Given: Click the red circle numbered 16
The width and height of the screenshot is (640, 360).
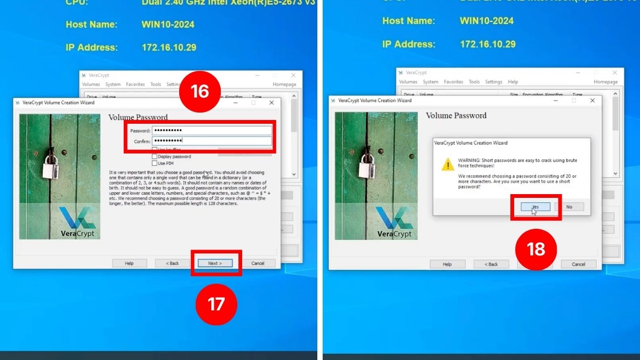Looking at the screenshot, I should pyautogui.click(x=199, y=92).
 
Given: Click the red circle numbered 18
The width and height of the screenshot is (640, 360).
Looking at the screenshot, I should pyautogui.click(x=535, y=250).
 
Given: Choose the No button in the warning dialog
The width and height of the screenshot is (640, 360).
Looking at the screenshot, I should pyautogui.click(x=569, y=206).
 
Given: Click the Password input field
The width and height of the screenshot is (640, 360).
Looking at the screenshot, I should pyautogui.click(x=212, y=130).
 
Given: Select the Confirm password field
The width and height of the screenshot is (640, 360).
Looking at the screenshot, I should pyautogui.click(x=212, y=141).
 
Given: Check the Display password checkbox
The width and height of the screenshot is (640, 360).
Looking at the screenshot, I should pyautogui.click(x=155, y=157).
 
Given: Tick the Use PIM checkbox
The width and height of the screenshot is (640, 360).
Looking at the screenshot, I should pyautogui.click(x=155, y=163).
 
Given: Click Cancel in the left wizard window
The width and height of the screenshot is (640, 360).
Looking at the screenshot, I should pyautogui.click(x=258, y=263).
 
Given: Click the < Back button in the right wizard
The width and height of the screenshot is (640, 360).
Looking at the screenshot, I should pyautogui.click(x=490, y=264).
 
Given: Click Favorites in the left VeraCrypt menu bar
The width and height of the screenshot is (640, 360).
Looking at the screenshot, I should pyautogui.click(x=135, y=84).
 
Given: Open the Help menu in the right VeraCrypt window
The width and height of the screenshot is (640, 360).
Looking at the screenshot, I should pyautogui.click(x=513, y=82).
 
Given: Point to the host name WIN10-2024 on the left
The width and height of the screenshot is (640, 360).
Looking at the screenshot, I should pyautogui.click(x=168, y=25).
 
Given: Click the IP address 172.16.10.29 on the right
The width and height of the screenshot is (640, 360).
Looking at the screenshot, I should pyautogui.click(x=487, y=44).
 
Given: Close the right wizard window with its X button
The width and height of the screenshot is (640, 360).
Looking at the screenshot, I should pyautogui.click(x=592, y=100).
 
